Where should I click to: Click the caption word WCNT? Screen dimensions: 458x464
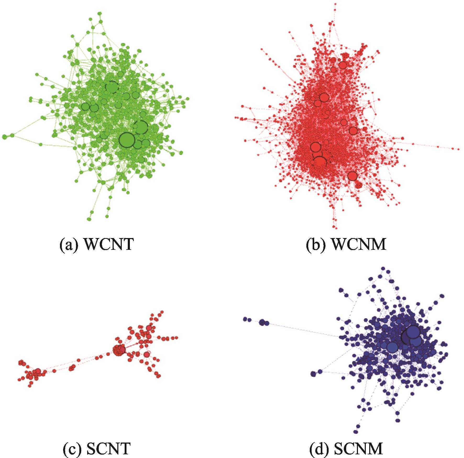[x=109, y=245]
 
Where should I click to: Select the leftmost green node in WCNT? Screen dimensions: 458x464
[x=4, y=137]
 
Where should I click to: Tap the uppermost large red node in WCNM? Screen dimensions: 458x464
[x=343, y=65]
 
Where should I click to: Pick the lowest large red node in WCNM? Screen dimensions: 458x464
[x=352, y=176]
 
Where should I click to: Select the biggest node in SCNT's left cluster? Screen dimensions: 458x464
[x=38, y=371]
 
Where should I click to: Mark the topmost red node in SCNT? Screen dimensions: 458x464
[x=162, y=312]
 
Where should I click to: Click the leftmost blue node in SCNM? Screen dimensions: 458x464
[x=245, y=319]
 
